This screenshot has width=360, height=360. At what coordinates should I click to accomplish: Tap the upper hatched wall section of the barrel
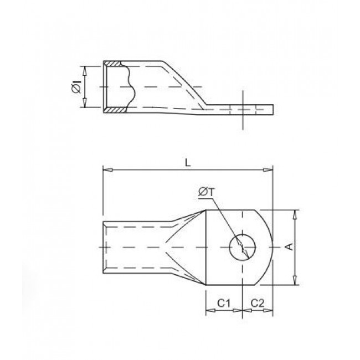(x=114, y=63)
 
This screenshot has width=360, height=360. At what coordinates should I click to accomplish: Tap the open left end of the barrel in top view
(x=104, y=247)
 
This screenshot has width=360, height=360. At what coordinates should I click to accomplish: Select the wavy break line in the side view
(x=131, y=88)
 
